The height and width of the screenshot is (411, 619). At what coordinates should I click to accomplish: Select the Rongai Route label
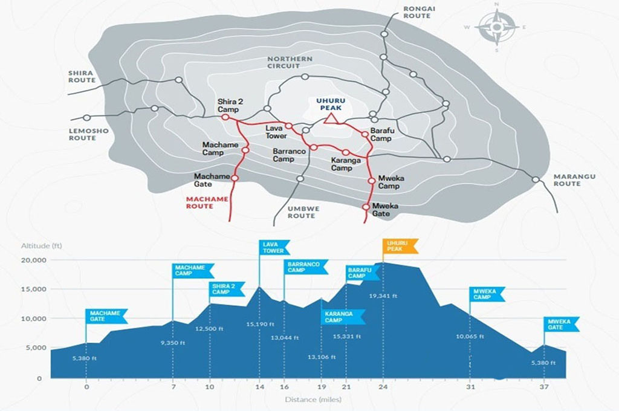pyautogui.click(x=417, y=12)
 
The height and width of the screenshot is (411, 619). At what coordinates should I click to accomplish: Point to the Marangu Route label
pyautogui.click(x=575, y=180)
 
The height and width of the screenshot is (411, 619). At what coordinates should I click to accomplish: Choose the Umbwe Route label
pyautogui.click(x=301, y=212)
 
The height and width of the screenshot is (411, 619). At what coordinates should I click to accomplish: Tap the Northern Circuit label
pyautogui.click(x=290, y=62)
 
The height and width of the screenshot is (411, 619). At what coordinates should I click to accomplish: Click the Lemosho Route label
pyautogui.click(x=82, y=134)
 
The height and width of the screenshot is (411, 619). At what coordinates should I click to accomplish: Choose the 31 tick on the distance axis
pyautogui.click(x=470, y=387)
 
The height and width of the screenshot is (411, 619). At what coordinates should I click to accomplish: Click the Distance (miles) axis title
pyautogui.click(x=313, y=400)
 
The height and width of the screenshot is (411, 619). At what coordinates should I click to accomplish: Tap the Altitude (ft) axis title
pyautogui.click(x=42, y=246)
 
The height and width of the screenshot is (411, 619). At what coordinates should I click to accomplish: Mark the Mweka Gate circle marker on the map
pyautogui.click(x=366, y=207)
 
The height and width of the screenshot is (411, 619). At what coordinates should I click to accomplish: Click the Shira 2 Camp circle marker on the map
pyautogui.click(x=225, y=118)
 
